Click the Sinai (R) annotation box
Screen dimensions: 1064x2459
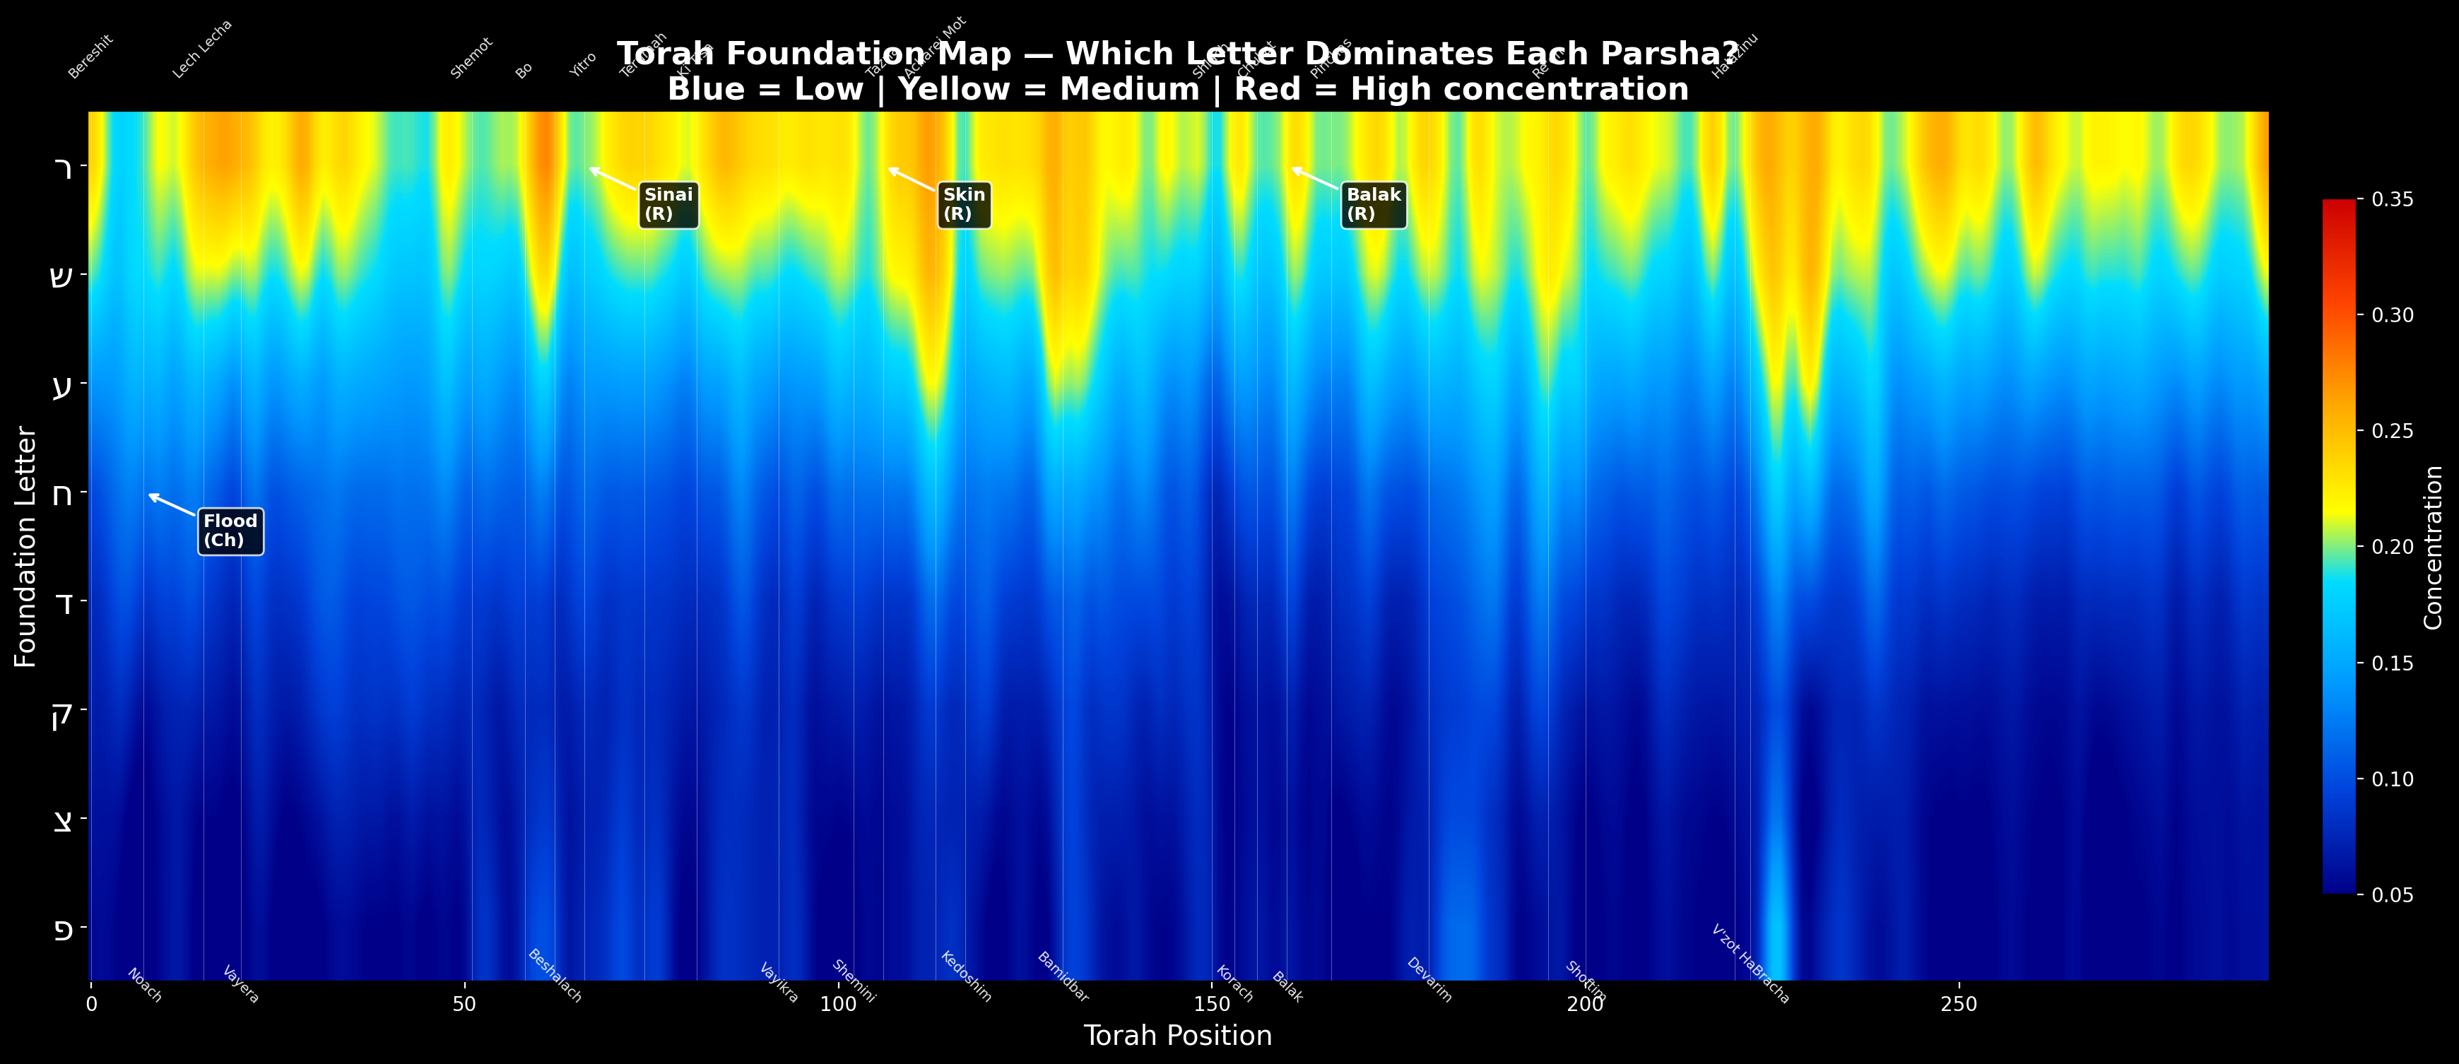pos(669,205)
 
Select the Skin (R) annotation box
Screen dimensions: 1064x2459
pos(964,205)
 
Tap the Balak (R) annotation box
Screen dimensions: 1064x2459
pos(1374,205)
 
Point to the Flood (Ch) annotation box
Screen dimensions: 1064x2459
pos(231,531)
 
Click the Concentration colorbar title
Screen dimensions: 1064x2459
pos(2432,548)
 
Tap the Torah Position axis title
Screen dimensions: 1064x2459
pos(1177,1035)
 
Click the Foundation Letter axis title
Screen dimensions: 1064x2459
pos(25,547)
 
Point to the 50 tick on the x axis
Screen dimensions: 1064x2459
pos(464,1004)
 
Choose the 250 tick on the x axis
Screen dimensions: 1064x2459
pos(1959,1004)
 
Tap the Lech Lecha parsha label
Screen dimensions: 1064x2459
pos(202,49)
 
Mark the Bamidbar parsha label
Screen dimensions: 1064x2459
pos(1063,976)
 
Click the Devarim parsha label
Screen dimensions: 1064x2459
pos(1429,980)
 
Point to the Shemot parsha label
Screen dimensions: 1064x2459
pos(471,58)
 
